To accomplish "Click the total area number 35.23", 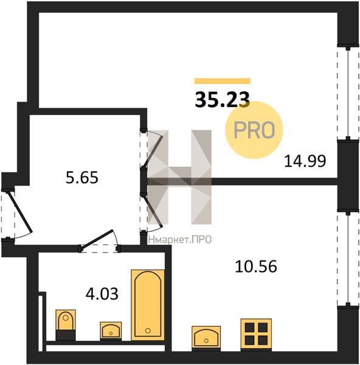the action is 222,100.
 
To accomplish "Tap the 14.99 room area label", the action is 305,161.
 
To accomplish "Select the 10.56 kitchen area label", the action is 256,266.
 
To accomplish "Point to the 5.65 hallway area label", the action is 82,178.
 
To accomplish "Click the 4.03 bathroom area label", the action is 102,294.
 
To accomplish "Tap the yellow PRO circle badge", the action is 254,130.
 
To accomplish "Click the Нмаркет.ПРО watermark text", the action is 179,240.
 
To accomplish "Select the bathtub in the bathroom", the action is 148,305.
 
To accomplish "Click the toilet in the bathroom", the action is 66,325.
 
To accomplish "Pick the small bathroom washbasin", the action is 111,330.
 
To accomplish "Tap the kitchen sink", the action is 206,338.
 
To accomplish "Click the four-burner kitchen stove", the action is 256,335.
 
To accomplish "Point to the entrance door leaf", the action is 19,211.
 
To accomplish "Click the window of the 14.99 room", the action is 348,93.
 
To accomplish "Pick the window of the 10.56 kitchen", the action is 348,259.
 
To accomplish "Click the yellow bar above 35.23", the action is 223,81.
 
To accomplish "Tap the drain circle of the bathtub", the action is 148,330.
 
